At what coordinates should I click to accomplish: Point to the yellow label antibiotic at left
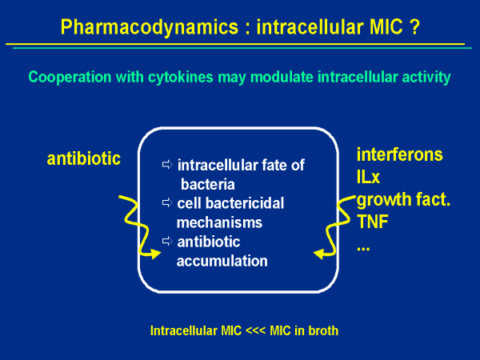[x=84, y=158]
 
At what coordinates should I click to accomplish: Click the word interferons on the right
[x=400, y=154]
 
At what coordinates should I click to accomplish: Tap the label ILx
[x=369, y=176]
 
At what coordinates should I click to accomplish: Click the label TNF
[x=372, y=221]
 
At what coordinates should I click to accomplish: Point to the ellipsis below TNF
[x=363, y=245]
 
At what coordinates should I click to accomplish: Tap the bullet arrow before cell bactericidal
[x=167, y=203]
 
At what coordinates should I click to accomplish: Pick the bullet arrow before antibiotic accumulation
[x=167, y=241]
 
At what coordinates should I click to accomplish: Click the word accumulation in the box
[x=222, y=261]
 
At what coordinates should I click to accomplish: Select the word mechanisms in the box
[x=219, y=223]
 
